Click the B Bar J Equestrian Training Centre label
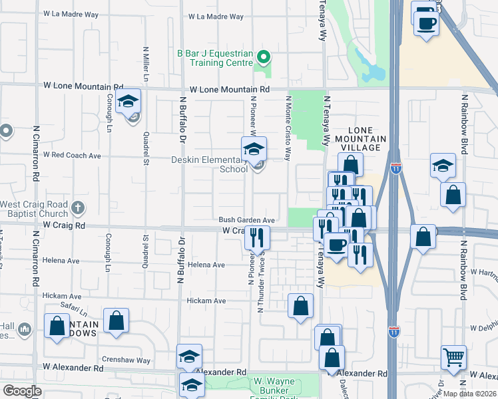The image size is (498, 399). click(x=212, y=59)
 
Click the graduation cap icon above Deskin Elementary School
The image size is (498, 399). click(x=254, y=150)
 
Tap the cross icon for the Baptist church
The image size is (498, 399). click(x=78, y=207)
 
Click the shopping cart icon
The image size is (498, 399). click(x=453, y=358)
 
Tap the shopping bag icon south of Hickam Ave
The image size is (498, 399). click(x=300, y=307)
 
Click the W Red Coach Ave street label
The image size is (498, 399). click(x=72, y=155)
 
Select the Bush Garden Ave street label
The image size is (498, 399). click(x=247, y=220)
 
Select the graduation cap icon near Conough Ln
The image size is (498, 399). click(x=128, y=102)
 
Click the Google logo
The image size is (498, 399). click(x=22, y=390)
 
